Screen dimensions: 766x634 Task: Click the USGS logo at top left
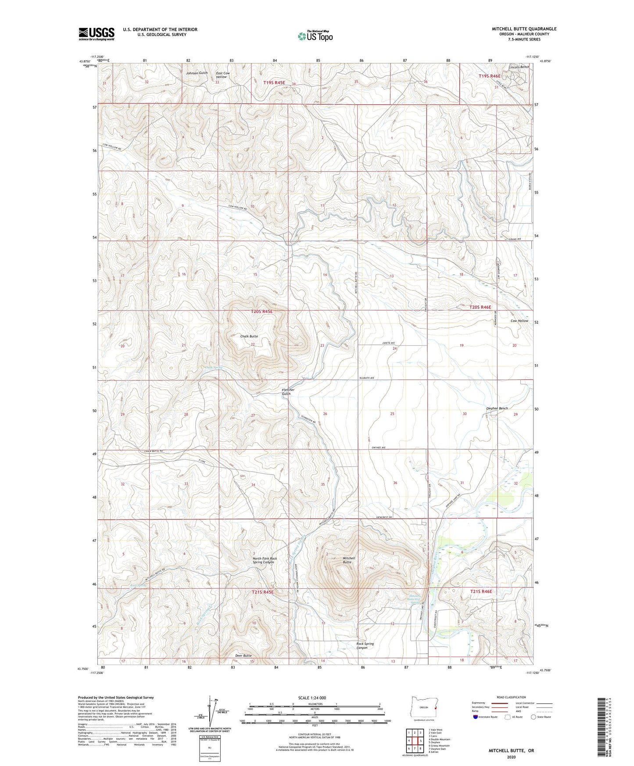point(97,33)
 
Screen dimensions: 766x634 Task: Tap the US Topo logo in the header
point(315,36)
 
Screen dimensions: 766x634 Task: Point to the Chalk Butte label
point(249,336)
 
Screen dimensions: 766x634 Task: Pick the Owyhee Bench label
point(497,408)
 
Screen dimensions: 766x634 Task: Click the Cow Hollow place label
point(519,321)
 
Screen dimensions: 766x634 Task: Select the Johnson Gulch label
point(197,73)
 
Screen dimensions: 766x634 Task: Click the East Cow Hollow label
point(222,75)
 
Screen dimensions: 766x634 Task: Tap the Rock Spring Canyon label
point(365,646)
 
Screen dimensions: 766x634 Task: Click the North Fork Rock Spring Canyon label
point(264,560)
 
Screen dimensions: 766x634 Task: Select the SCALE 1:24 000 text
point(315,698)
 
